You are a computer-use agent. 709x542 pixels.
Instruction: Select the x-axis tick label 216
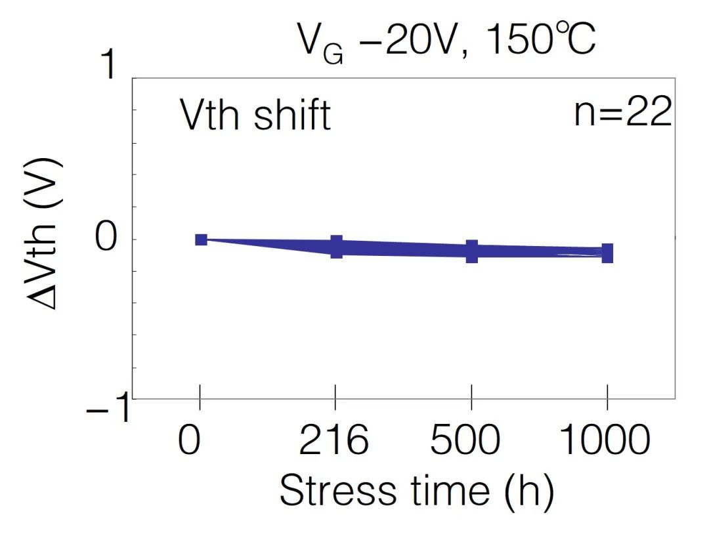point(334,440)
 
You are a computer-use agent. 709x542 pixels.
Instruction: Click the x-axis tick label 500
point(471,440)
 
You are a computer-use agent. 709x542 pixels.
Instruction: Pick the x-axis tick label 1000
point(606,440)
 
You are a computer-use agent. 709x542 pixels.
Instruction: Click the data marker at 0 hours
point(202,240)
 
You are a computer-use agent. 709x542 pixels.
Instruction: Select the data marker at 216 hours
point(336,247)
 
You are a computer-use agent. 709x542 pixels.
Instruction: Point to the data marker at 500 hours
point(471,251)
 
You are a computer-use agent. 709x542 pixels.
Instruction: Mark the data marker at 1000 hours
point(607,253)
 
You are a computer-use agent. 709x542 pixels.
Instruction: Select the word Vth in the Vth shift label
point(209,116)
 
